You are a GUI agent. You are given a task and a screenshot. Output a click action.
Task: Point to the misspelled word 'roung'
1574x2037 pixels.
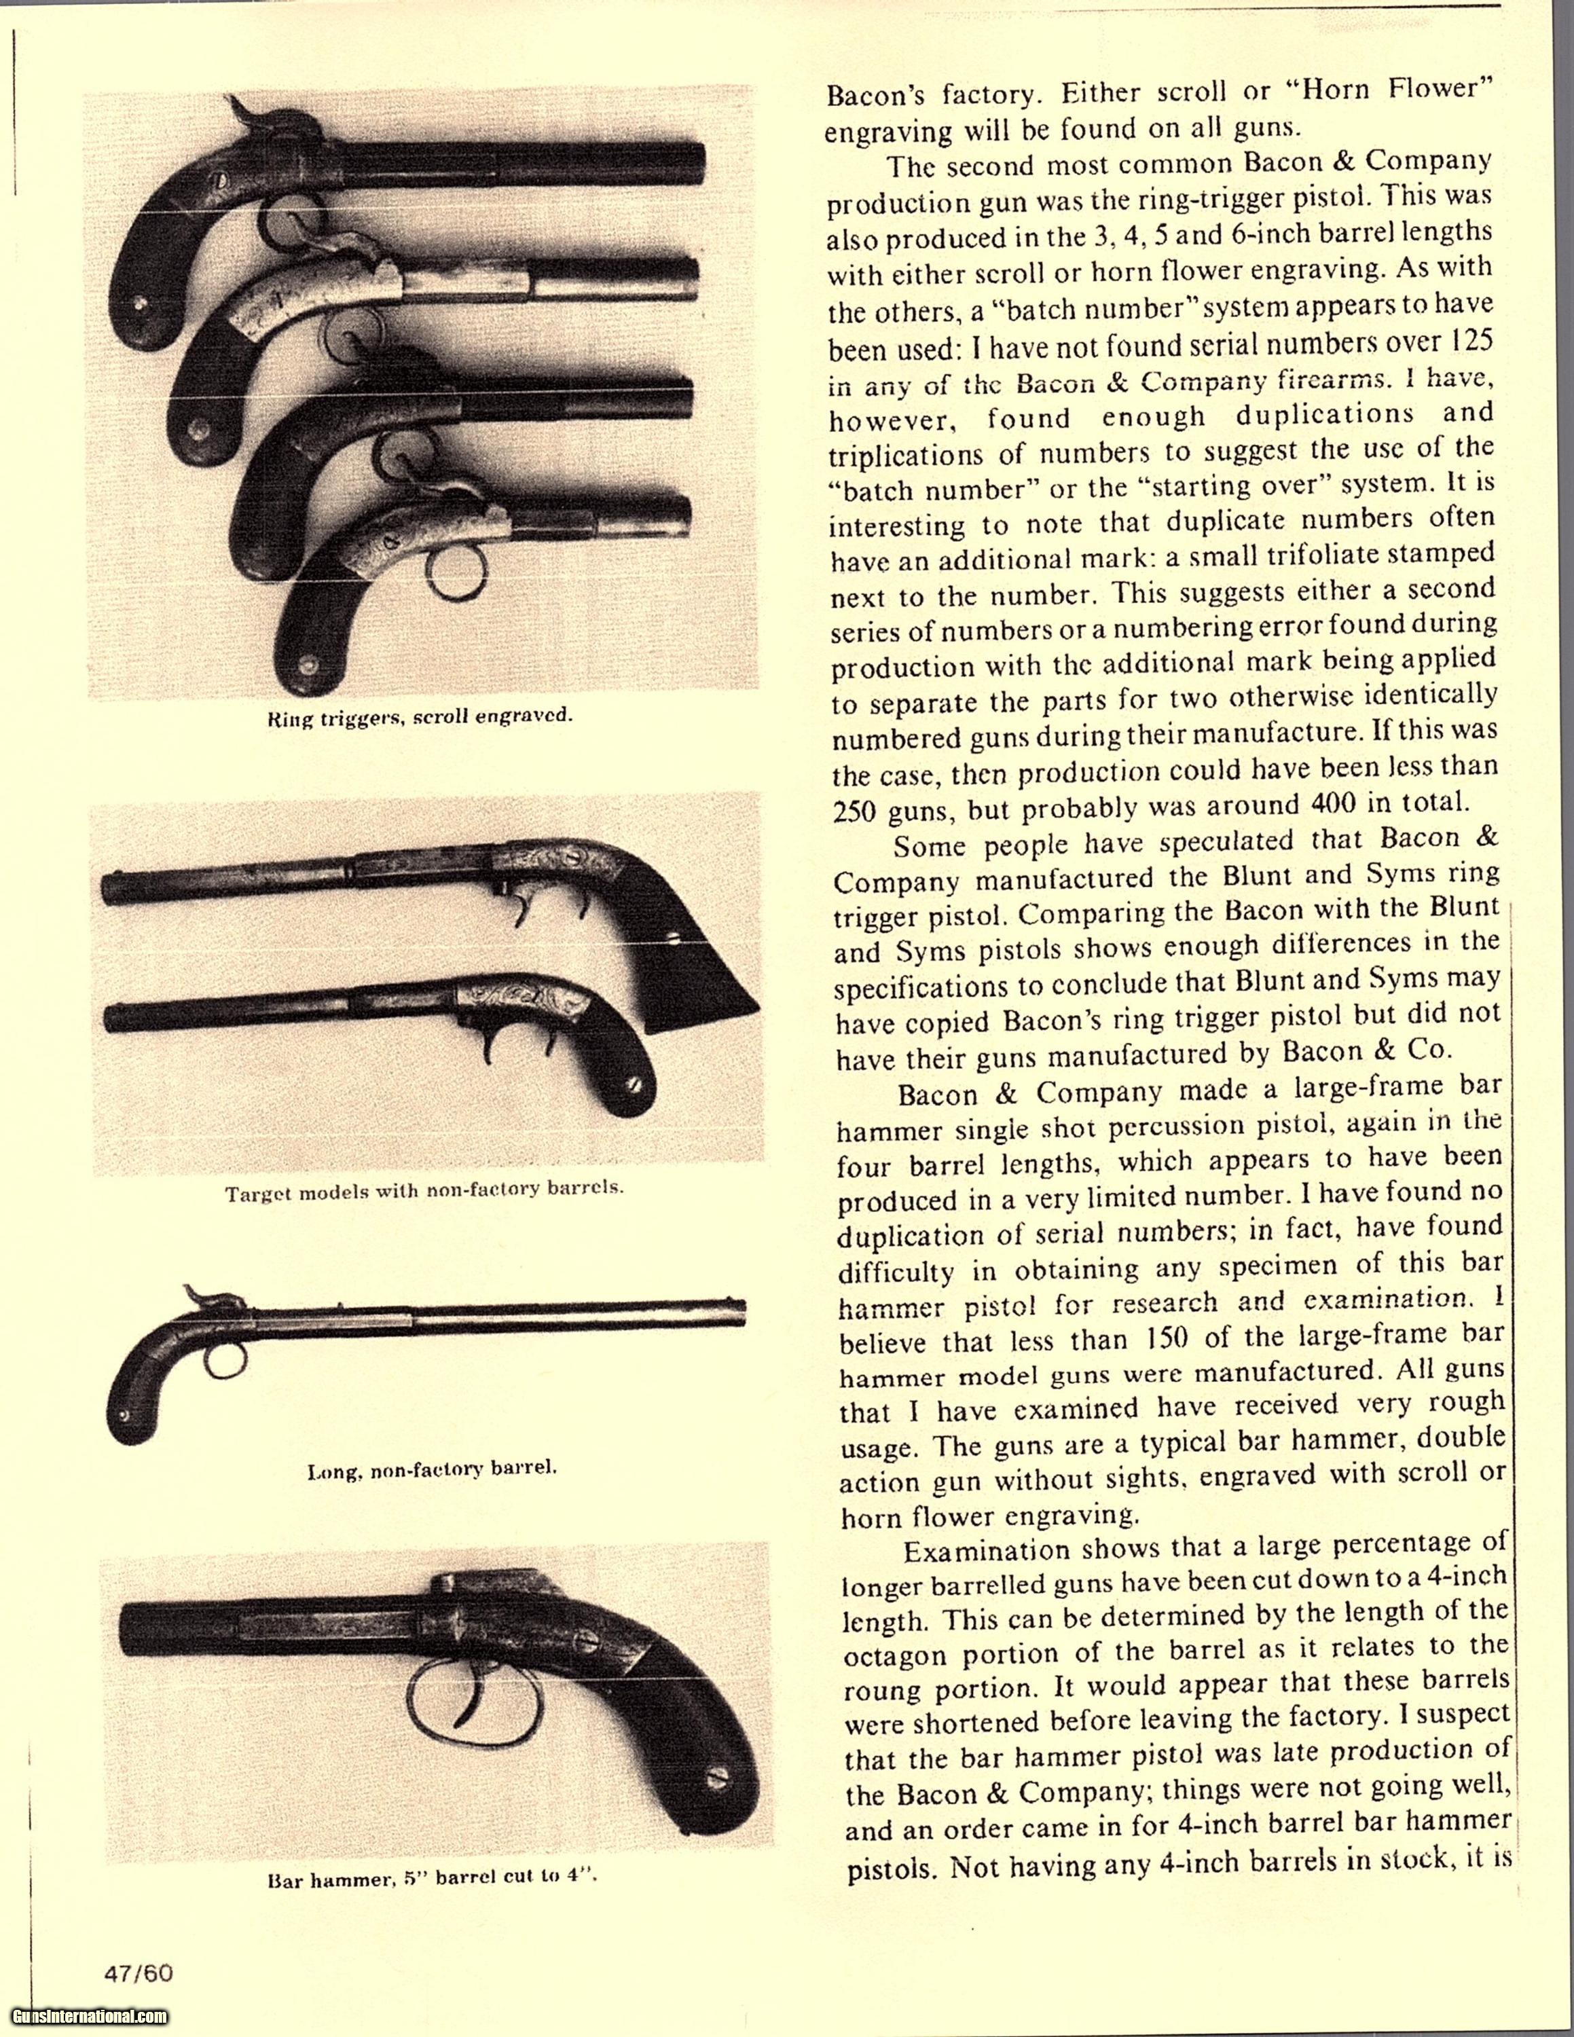(881, 1690)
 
